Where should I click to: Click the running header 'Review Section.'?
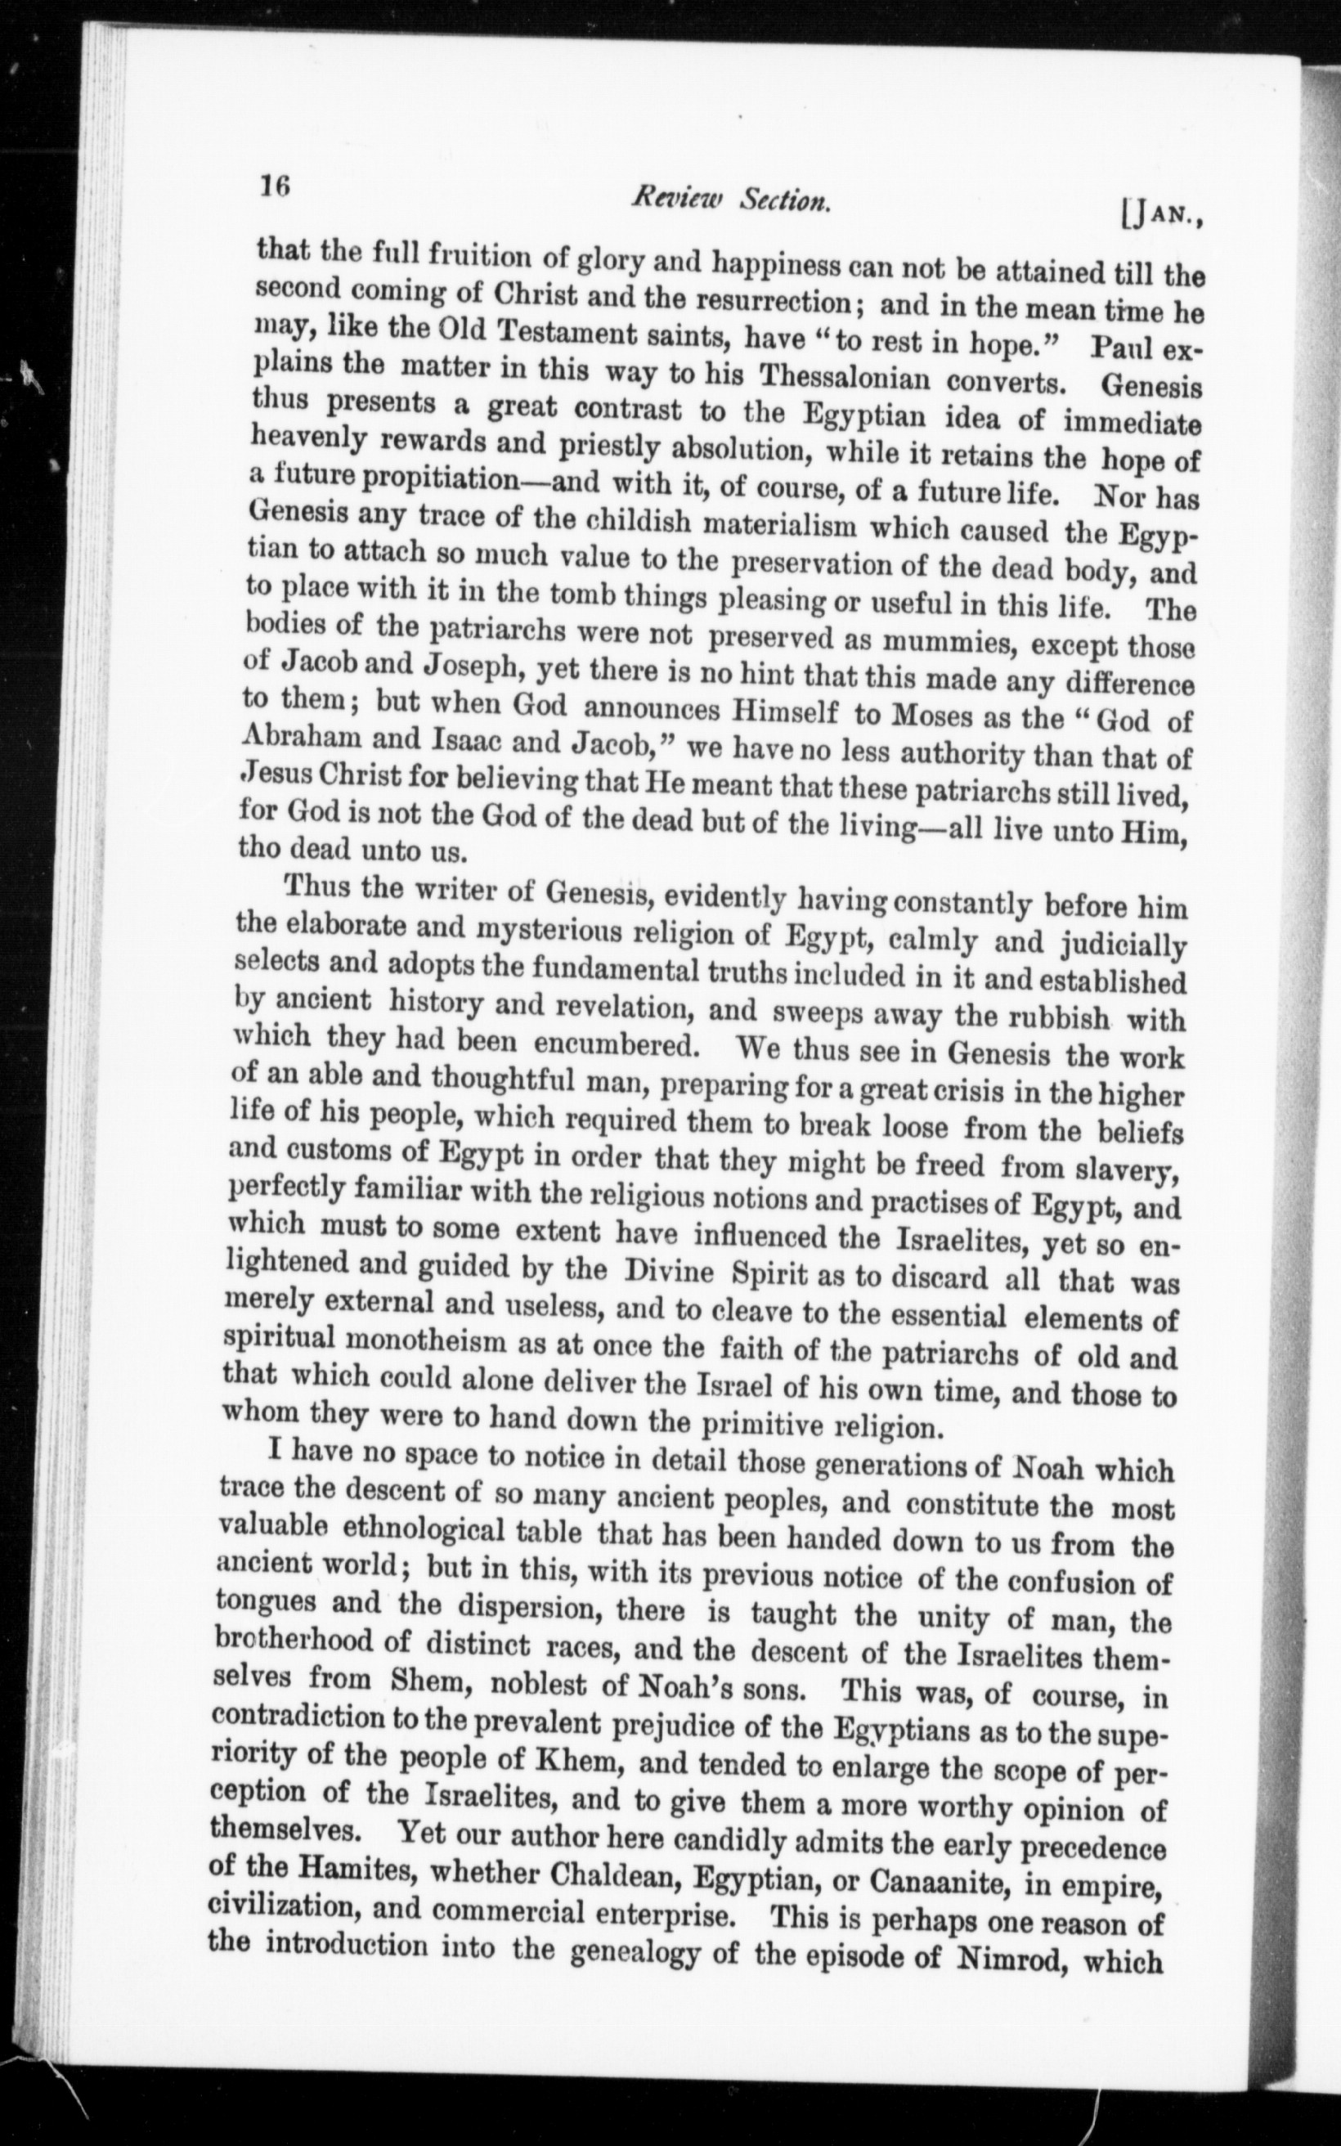point(730,202)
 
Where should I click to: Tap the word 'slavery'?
point(1127,1171)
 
